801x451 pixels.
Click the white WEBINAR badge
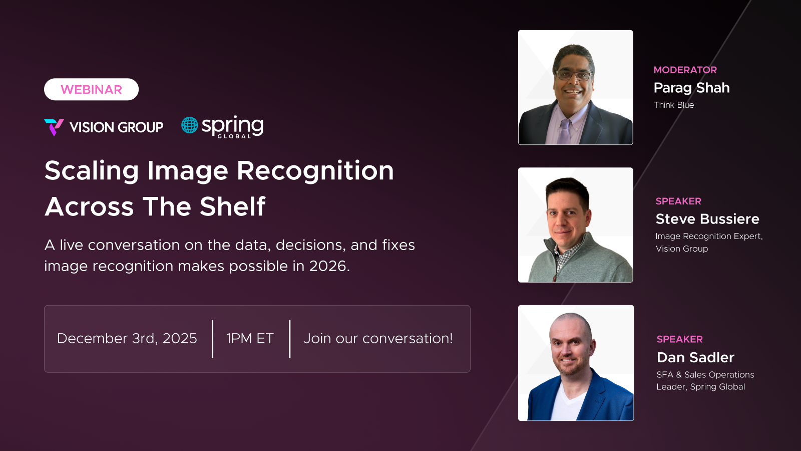pos(91,90)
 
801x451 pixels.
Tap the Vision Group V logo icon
pos(54,127)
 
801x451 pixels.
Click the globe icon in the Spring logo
pos(190,125)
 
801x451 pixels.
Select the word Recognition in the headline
pos(315,171)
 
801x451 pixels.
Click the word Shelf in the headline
pos(233,206)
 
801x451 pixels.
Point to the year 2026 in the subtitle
pos(328,266)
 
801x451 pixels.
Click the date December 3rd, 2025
pos(127,339)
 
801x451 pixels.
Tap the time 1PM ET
pos(250,339)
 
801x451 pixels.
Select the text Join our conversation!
pos(378,339)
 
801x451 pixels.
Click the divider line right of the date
pos(213,339)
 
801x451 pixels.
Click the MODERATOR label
pos(685,70)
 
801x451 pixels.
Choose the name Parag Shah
pos(691,88)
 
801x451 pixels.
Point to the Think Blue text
pos(674,105)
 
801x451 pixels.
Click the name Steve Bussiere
pos(707,219)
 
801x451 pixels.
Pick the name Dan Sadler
pos(695,357)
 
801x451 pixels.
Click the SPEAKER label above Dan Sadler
pos(679,339)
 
